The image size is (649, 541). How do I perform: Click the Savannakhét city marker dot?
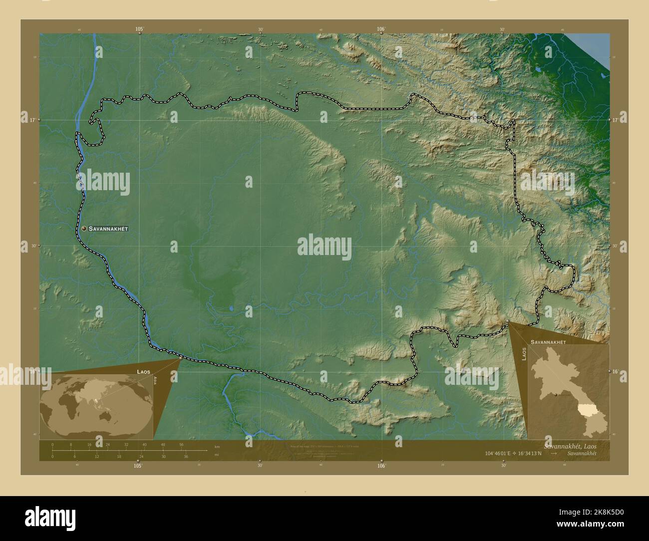coord(84,229)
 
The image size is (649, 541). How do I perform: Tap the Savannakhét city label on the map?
coord(108,229)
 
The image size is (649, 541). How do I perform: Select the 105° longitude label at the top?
coord(140,29)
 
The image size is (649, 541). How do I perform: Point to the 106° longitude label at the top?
coord(381,29)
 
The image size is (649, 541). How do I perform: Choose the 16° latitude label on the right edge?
coord(616,371)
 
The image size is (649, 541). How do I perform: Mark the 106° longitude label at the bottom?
coord(381,466)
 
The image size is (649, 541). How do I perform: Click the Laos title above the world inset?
coord(143,372)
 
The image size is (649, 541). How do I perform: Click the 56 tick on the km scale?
coord(181,445)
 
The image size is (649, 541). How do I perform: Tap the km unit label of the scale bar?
coord(217,446)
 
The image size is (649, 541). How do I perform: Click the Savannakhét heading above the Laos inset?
coord(548,342)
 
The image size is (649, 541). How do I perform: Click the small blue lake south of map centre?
coord(231,308)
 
